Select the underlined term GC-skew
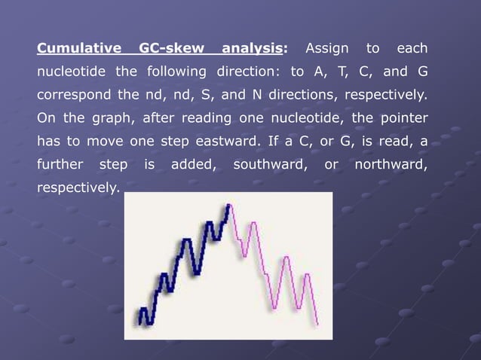[172, 50]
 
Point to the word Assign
[326, 50]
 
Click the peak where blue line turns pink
[228, 204]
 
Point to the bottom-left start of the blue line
[139, 322]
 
